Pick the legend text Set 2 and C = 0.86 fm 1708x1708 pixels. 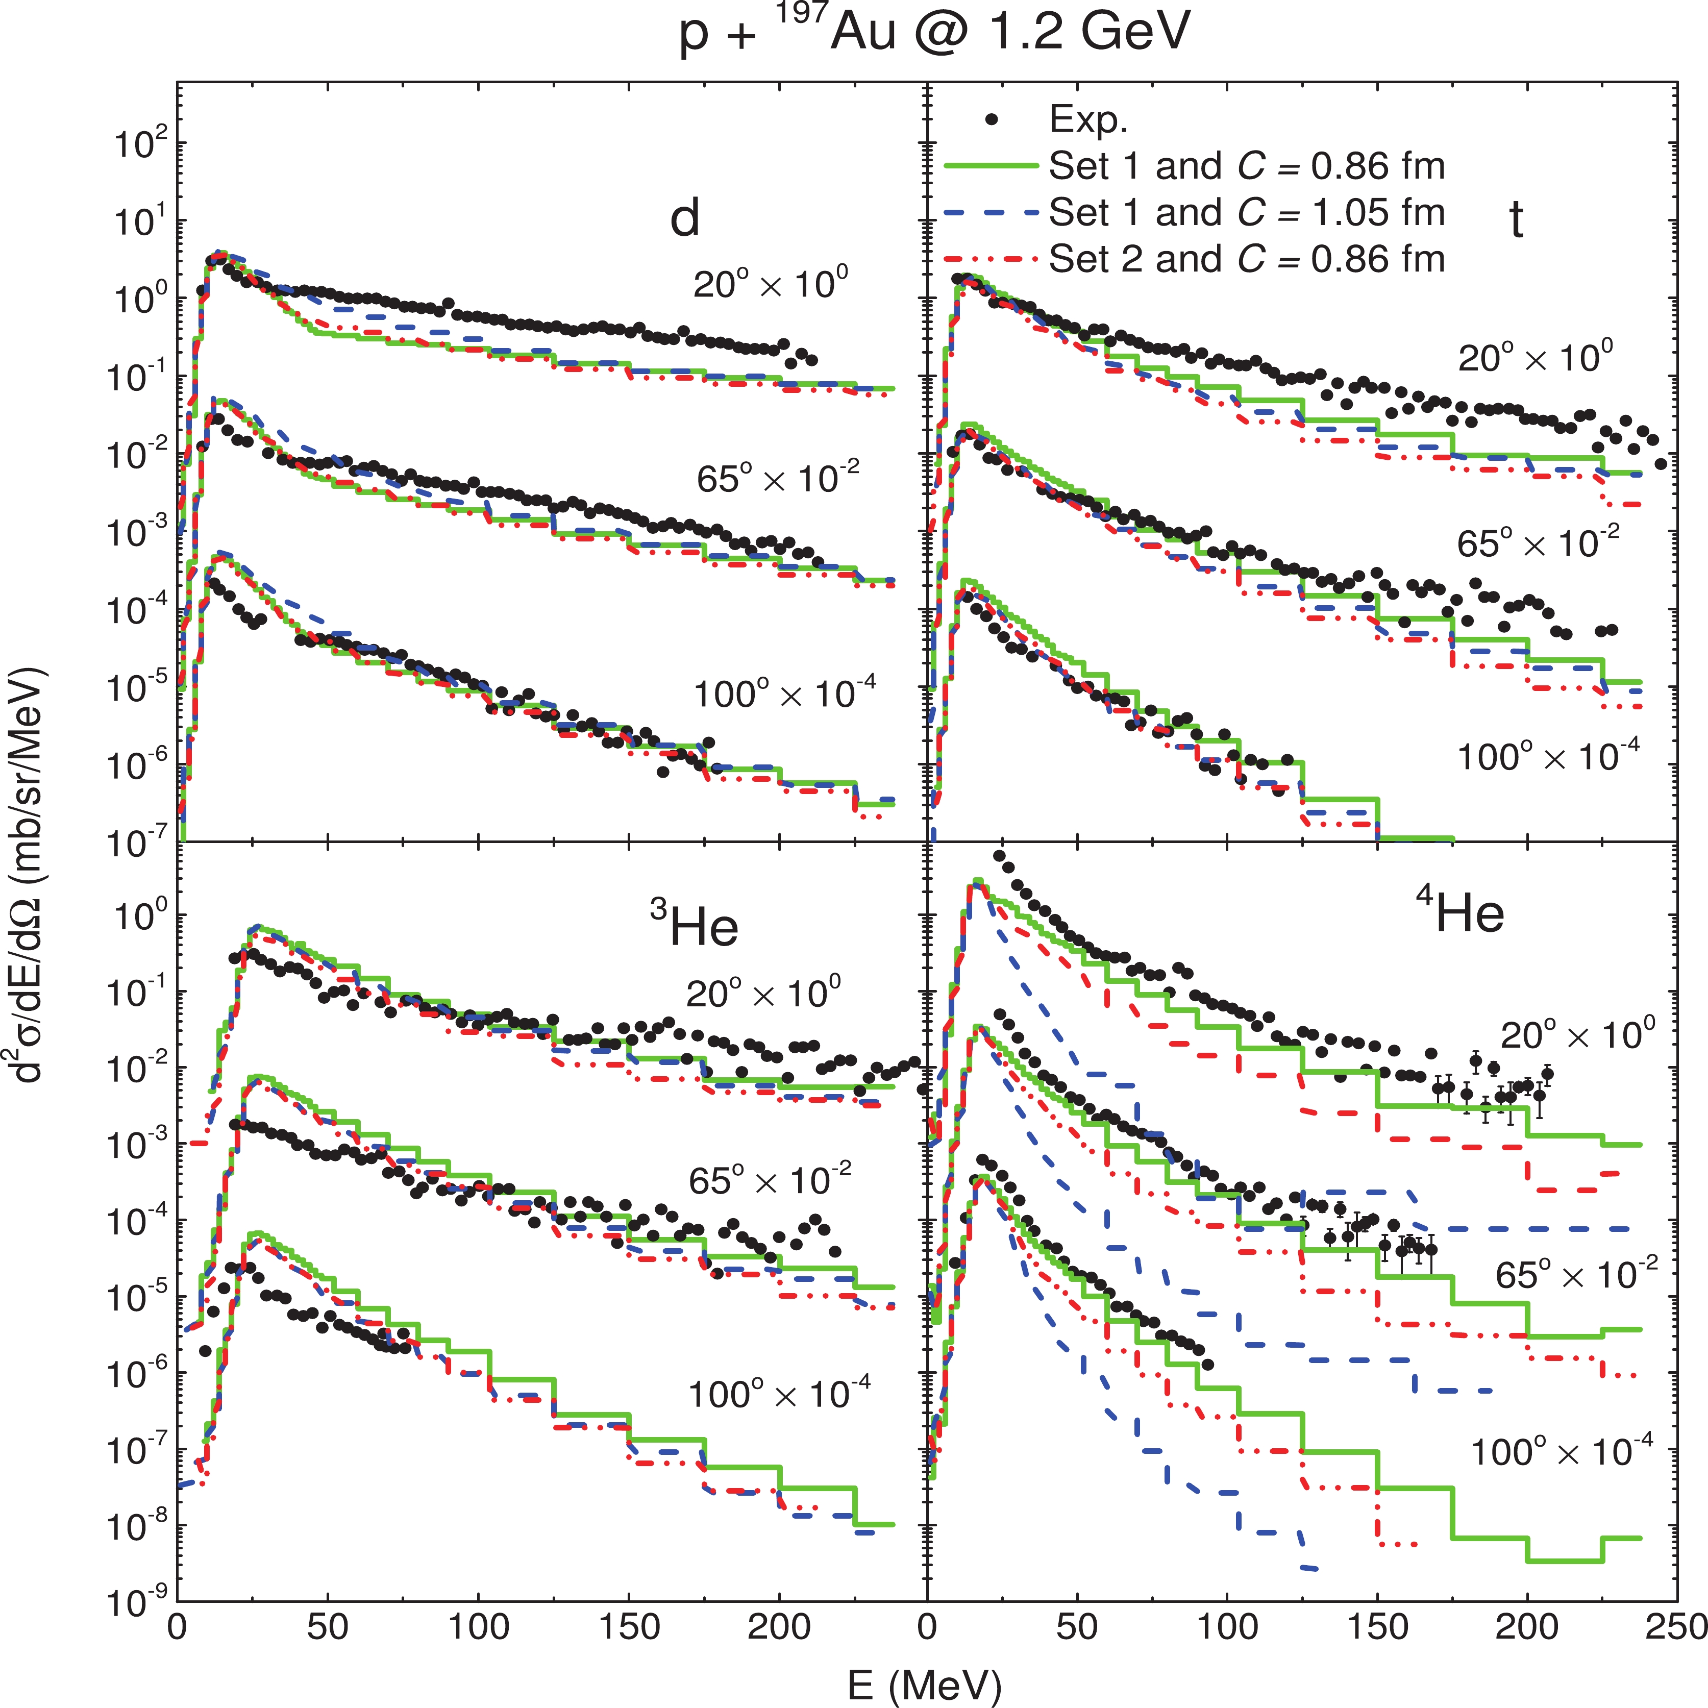[x=1247, y=259]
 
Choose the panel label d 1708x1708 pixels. [x=685, y=216]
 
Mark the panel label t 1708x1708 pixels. [x=1516, y=220]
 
